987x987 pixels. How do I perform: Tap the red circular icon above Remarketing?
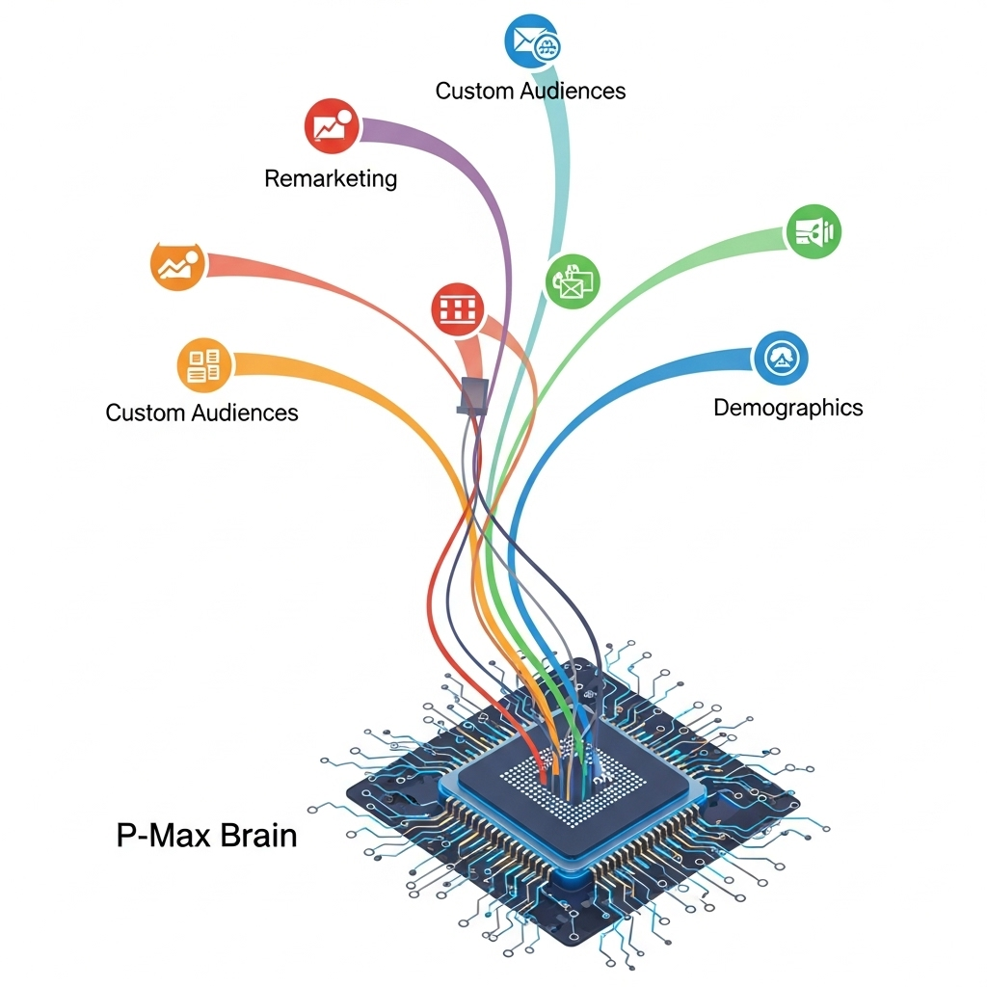332,126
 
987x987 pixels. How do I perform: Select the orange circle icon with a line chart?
179,263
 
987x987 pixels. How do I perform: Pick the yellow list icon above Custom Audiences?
205,364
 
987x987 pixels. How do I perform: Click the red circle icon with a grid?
458,308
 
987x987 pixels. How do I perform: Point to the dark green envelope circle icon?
573,280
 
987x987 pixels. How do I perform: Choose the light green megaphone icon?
814,231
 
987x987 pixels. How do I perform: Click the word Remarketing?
331,178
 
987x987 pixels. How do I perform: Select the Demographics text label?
787,407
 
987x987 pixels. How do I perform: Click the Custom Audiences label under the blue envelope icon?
530,91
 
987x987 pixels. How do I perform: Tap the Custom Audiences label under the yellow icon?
201,413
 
